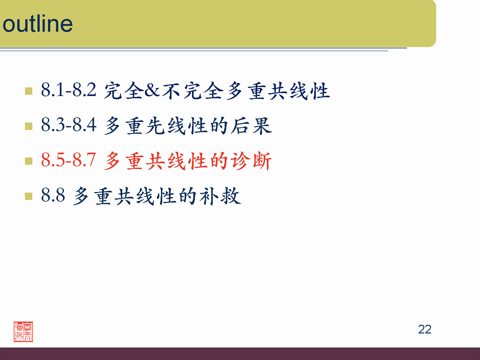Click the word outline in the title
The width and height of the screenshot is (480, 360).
click(37, 24)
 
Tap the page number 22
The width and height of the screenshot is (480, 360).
click(425, 329)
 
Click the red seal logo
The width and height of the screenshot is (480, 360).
click(23, 332)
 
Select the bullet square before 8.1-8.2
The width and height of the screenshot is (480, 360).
click(28, 91)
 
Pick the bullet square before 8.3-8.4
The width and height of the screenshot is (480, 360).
click(28, 126)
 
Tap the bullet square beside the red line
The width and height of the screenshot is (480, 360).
click(28, 161)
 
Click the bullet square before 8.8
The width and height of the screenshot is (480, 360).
click(28, 196)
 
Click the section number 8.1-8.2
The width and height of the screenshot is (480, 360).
click(68, 90)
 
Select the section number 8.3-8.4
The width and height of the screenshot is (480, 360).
click(68, 125)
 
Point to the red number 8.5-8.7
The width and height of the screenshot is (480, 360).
click(68, 160)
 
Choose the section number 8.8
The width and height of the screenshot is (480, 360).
click(53, 195)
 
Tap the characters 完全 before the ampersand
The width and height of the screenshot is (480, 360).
click(124, 91)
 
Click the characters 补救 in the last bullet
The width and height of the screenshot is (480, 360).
click(220, 196)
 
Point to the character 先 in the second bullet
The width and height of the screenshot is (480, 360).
click(156, 126)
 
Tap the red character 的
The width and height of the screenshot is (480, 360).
click(219, 161)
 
